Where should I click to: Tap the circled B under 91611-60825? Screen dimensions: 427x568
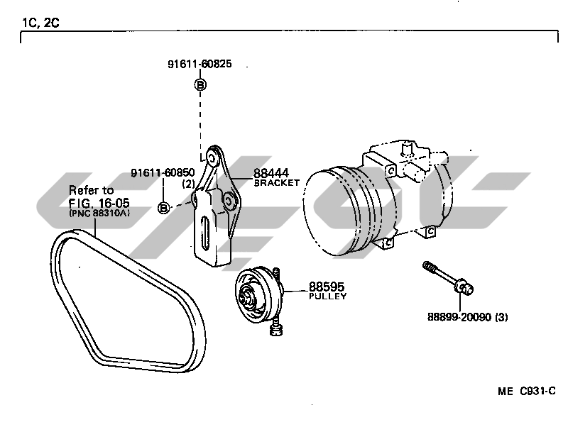click(200, 85)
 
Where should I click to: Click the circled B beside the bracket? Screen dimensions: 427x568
click(163, 208)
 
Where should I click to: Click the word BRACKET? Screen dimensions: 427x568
click(276, 182)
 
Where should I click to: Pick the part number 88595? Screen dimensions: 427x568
click(324, 287)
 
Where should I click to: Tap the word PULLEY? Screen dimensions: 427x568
click(327, 296)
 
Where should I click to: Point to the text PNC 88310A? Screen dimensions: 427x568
click(99, 212)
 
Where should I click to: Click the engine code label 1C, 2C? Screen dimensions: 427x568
click(40, 22)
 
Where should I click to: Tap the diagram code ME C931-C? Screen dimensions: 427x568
click(526, 391)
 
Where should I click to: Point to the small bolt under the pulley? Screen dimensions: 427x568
click(278, 327)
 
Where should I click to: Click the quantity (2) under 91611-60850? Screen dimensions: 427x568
click(188, 184)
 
